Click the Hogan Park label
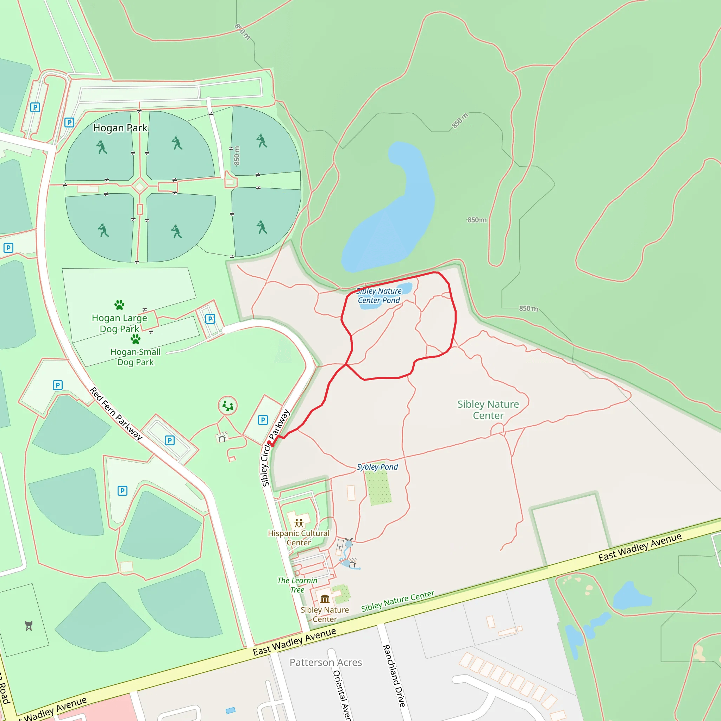tap(120, 128)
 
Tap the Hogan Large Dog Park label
tap(119, 323)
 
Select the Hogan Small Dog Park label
tap(136, 357)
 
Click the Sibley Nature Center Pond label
tap(379, 296)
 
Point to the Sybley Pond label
tap(377, 467)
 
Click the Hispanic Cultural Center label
tap(299, 538)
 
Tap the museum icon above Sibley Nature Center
tap(325, 599)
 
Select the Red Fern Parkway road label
tap(116, 414)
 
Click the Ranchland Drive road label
tap(394, 676)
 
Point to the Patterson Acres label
tap(326, 663)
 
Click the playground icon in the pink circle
tap(228, 405)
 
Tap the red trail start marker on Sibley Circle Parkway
tap(269, 443)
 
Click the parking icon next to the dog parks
tap(210, 319)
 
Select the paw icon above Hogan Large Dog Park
tap(119, 305)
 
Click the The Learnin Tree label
tap(297, 585)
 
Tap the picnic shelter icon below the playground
tap(222, 437)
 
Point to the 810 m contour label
tap(242, 32)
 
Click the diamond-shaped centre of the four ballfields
tap(140, 186)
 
